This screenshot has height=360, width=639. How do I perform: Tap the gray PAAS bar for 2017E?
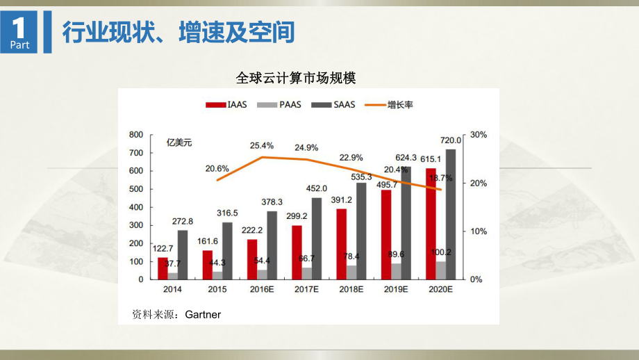click(x=307, y=273)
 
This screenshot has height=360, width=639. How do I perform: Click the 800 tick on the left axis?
click(x=136, y=134)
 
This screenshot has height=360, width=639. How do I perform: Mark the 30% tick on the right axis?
click(x=479, y=134)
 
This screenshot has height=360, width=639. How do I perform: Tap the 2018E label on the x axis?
click(x=351, y=289)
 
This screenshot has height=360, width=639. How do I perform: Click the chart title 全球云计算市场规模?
click(x=296, y=79)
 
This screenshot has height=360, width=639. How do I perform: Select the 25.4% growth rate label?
click(x=261, y=146)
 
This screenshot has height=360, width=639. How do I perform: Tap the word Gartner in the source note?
click(x=203, y=315)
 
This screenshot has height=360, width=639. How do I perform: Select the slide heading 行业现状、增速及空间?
click(x=179, y=32)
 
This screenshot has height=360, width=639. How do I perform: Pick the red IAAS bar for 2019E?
click(x=385, y=234)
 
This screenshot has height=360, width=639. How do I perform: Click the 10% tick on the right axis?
click(x=479, y=231)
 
